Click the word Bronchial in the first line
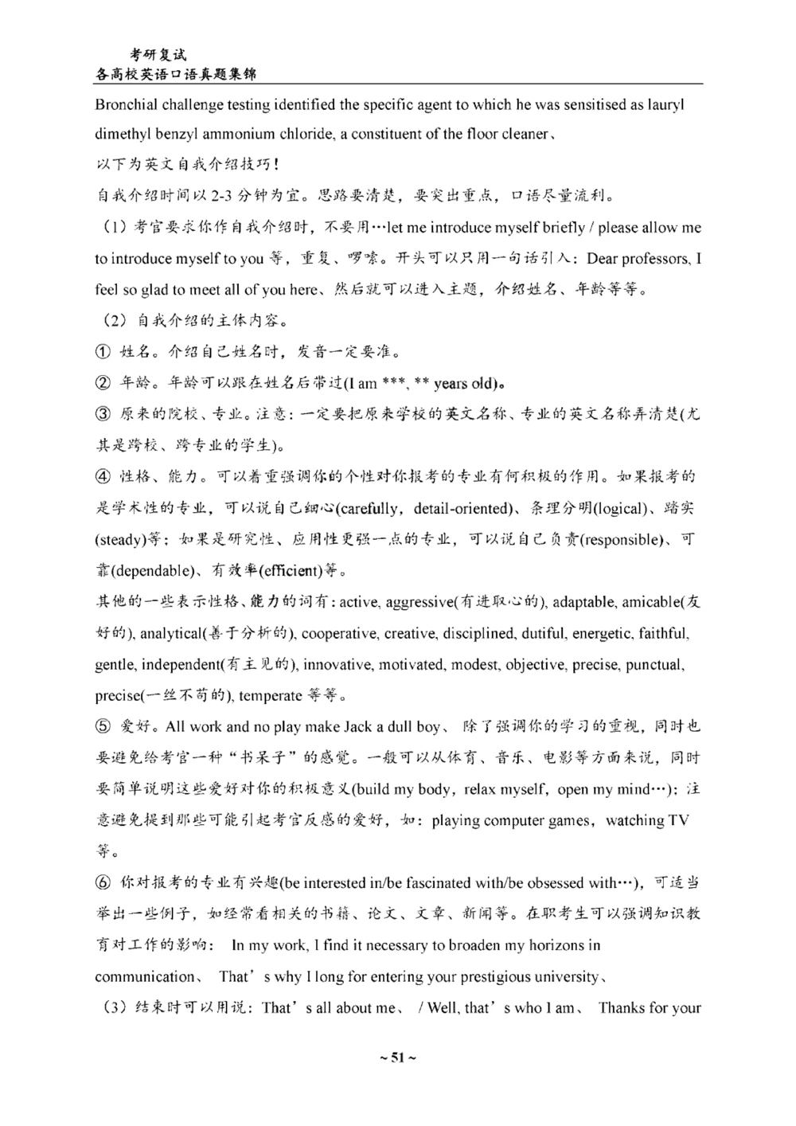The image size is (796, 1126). pos(127,104)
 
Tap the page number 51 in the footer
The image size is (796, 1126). pos(397,1058)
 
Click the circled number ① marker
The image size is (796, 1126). pos(103,352)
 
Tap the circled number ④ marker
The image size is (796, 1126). pos(103,477)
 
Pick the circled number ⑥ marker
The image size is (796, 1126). pos(103,883)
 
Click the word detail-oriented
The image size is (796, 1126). pos(462,508)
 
